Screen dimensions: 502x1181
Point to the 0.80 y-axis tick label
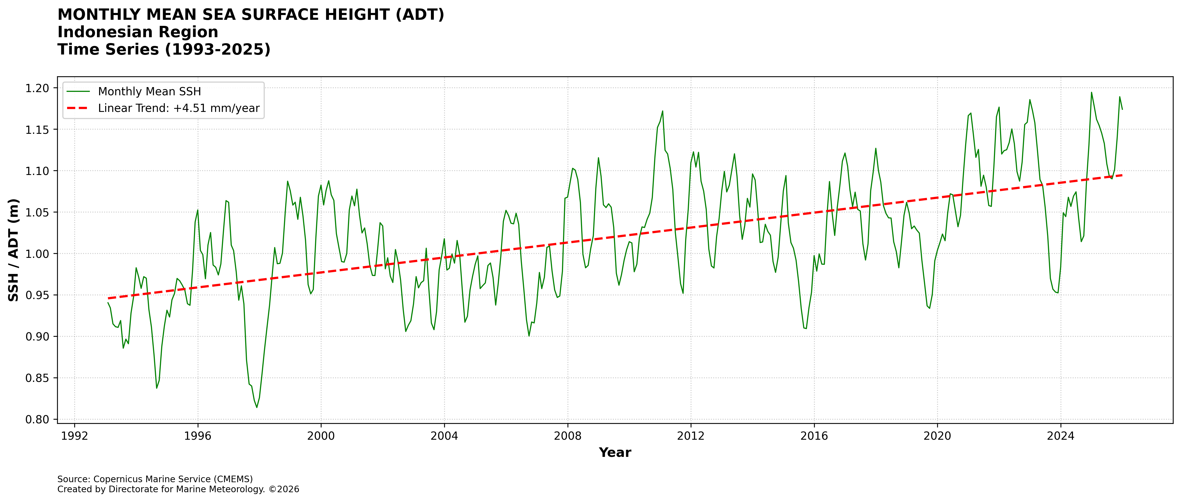coord(37,420)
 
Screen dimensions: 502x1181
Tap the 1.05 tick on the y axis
coord(37,212)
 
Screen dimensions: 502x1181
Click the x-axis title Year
coord(615,453)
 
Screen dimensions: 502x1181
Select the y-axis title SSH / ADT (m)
coord(14,250)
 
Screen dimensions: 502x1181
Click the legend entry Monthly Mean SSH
coord(150,92)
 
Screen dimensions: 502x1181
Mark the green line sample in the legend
coord(78,92)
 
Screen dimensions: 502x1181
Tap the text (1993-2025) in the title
coord(217,49)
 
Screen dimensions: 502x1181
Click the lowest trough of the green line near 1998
coord(257,407)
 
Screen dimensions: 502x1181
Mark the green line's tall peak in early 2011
coord(662,111)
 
